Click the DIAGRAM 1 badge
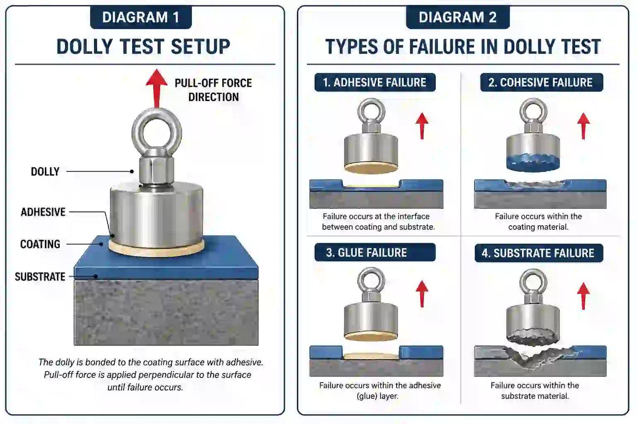pos(141,17)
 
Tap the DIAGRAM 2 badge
pos(457,17)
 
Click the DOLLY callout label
pos(45,171)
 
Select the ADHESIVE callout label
pos(43,212)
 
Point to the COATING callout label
pos(40,244)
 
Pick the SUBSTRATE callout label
pos(40,277)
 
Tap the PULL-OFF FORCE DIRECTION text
pos(213,90)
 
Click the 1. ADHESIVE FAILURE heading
pos(375,82)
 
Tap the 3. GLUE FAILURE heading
pos(375,253)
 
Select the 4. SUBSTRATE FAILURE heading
pos(538,253)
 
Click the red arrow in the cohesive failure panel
pos(584,125)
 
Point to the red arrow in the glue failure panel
pos(422,293)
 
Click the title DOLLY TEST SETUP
pos(143,46)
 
